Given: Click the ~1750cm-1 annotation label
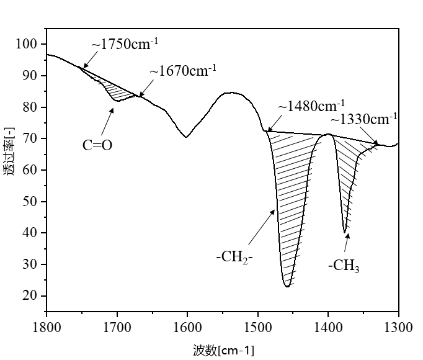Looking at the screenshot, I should pyautogui.click(x=125, y=45).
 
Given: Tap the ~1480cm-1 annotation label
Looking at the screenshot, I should pyautogui.click(x=311, y=106).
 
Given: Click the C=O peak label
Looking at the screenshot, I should pyautogui.click(x=97, y=145).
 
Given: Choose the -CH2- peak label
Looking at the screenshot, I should pyautogui.click(x=235, y=256).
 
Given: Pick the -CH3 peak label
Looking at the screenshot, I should pyautogui.click(x=344, y=266).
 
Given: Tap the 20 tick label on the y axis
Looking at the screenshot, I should pyautogui.click(x=30, y=295).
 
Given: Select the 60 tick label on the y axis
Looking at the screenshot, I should pyautogui.click(x=30, y=169).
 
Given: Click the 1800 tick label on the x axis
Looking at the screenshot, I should pyautogui.click(x=47, y=325).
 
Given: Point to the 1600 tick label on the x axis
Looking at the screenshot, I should pyautogui.click(x=187, y=325).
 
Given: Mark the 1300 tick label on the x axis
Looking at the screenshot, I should pyautogui.click(x=398, y=325).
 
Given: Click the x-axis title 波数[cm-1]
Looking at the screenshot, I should pyautogui.click(x=223, y=350).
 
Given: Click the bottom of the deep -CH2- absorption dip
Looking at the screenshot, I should pyautogui.click(x=287, y=286).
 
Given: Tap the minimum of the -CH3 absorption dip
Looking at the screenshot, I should pyautogui.click(x=345, y=232).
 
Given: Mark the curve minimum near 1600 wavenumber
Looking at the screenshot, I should pyautogui.click(x=186, y=137).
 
